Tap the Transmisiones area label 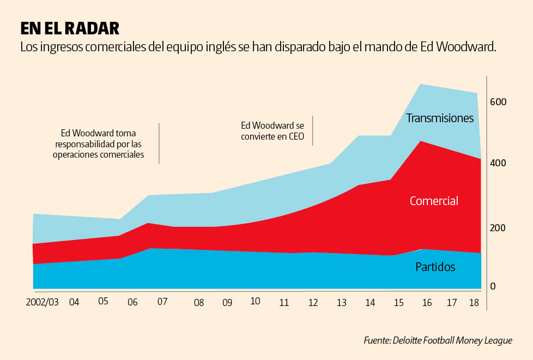tap(440, 118)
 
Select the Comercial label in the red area tap(434, 201)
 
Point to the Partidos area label tap(435, 267)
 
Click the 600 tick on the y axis tap(498, 102)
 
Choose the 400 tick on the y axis tap(498, 163)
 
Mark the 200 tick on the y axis tap(498, 227)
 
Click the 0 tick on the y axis tap(493, 286)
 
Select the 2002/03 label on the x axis tap(42, 302)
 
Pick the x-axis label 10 tap(255, 301)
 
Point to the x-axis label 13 tap(342, 303)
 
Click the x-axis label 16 tap(427, 302)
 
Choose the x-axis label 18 tap(475, 302)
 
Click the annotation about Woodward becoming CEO tap(272, 130)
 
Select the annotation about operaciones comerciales tap(98, 143)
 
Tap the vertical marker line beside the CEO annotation tap(312, 130)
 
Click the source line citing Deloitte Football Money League tap(438, 340)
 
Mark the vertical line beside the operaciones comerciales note tap(159, 143)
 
